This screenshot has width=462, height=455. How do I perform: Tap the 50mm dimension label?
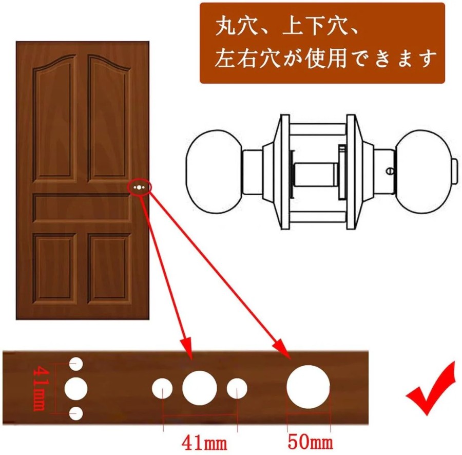click(310, 442)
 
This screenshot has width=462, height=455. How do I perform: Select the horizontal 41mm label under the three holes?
click(204, 443)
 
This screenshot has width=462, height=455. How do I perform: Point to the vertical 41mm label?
click(40, 388)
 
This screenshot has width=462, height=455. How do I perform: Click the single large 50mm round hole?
click(308, 387)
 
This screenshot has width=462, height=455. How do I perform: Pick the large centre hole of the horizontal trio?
click(200, 388)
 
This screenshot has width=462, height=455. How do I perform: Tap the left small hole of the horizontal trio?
click(162, 388)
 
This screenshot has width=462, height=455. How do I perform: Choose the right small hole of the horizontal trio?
click(237, 388)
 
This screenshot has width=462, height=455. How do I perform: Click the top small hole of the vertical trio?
click(76, 364)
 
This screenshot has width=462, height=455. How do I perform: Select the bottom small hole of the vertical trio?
click(76, 413)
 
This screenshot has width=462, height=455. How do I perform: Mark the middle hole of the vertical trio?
click(76, 388)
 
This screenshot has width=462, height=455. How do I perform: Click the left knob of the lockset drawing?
click(214, 172)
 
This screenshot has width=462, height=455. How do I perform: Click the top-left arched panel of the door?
click(54, 118)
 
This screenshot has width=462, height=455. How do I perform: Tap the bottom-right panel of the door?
click(109, 269)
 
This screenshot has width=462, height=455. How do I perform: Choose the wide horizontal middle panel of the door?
click(82, 208)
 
